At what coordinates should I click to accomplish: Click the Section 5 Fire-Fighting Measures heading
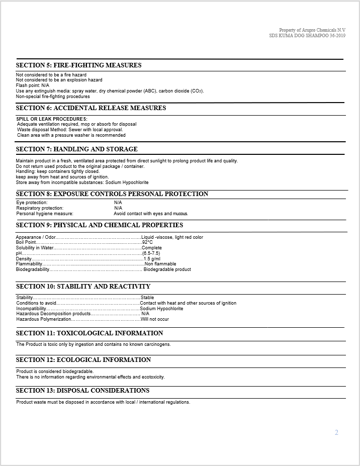78,65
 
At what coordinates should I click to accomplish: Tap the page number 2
336,432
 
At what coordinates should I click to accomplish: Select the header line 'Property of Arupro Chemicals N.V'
312,30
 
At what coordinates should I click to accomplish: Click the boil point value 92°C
147,242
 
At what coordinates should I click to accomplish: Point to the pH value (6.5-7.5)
151,253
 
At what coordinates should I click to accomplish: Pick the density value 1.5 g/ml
151,259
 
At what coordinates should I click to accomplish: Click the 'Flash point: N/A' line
33,85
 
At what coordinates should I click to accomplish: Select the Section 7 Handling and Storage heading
76,149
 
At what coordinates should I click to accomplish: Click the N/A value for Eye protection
118,203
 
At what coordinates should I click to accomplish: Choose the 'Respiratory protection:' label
40,208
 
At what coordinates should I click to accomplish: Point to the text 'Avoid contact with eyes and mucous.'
151,214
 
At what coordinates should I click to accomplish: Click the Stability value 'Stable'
147,298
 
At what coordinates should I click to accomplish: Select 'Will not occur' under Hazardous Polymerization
155,319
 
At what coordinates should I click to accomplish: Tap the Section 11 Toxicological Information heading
89,333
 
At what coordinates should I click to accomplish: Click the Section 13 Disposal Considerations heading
82,391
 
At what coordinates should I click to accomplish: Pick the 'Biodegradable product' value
167,269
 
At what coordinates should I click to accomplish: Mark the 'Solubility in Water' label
35,248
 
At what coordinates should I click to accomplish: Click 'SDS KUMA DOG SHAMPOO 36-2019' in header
307,36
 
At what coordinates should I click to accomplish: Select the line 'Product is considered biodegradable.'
55,371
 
